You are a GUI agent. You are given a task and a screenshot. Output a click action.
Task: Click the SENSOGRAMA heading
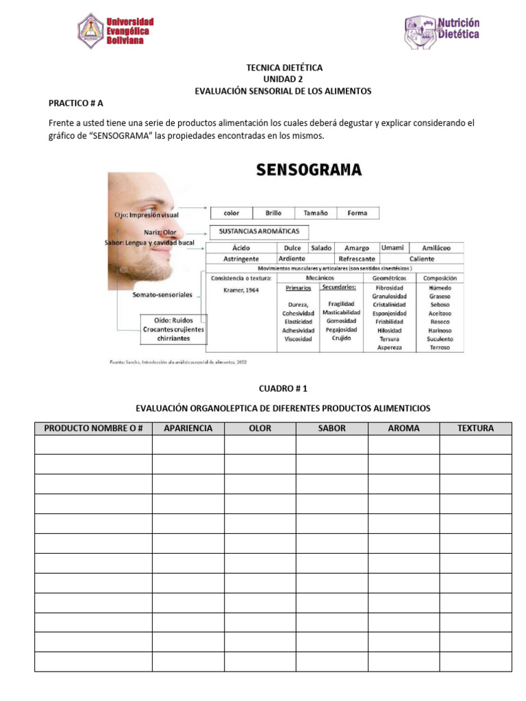(x=308, y=170)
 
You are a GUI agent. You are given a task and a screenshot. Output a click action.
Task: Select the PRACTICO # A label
(x=75, y=103)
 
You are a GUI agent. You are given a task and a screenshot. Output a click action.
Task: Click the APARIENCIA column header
(x=188, y=429)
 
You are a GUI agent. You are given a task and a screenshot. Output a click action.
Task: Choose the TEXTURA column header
(x=475, y=429)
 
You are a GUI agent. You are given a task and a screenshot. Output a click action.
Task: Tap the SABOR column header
(x=332, y=429)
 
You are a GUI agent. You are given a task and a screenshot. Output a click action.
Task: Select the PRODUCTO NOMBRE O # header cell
(x=93, y=429)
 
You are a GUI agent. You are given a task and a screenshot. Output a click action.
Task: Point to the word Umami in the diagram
(x=392, y=248)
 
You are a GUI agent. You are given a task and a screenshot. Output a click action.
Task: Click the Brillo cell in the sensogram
(x=273, y=213)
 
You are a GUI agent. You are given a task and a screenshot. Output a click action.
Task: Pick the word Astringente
(x=241, y=259)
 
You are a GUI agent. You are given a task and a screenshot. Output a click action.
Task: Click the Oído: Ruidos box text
(x=173, y=320)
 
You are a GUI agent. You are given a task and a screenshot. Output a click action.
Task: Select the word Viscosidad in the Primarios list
(x=298, y=339)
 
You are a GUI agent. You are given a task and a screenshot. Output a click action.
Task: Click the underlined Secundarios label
(x=339, y=288)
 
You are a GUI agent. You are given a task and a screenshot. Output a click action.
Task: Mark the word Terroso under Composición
(x=440, y=347)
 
